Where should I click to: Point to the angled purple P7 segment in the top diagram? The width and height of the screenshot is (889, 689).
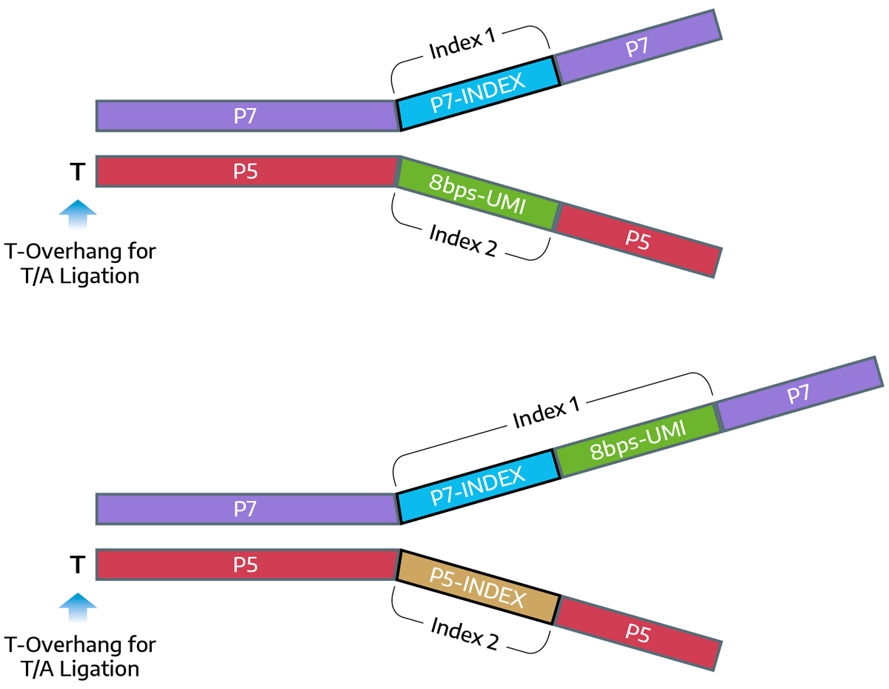pyautogui.click(x=638, y=47)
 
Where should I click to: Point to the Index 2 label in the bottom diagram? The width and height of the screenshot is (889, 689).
pyautogui.click(x=463, y=631)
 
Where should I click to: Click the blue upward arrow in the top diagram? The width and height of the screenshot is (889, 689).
pyautogui.click(x=77, y=216)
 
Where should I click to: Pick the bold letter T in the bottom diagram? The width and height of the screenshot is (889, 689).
pyautogui.click(x=76, y=566)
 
